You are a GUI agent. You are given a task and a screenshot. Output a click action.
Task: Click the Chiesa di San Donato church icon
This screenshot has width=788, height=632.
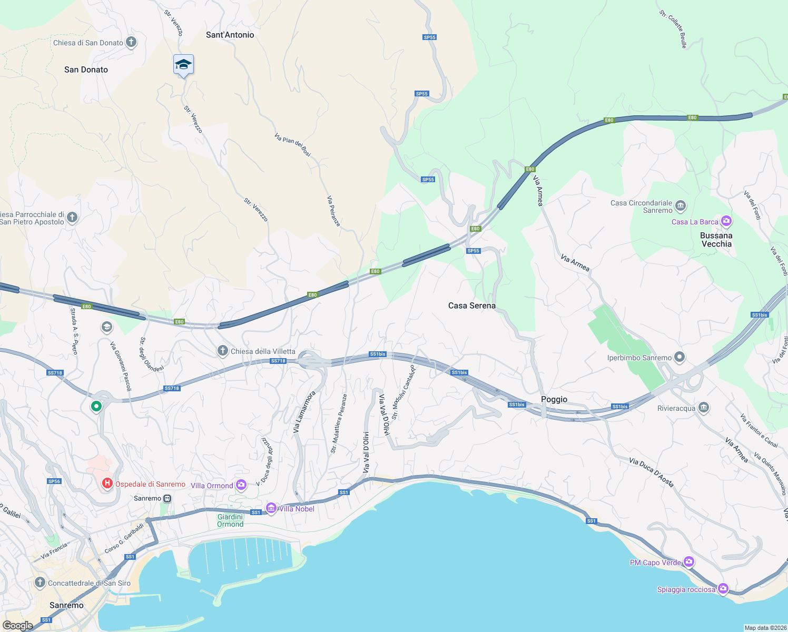click(x=131, y=43)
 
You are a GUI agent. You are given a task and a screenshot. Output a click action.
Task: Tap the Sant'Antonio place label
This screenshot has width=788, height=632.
click(x=230, y=35)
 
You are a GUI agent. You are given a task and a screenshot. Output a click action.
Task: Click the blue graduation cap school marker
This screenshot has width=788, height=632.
click(x=183, y=65)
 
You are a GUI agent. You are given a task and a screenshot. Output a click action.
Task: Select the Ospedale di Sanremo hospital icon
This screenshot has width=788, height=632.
click(x=107, y=483)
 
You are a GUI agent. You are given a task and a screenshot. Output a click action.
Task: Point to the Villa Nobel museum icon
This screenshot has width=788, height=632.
click(x=271, y=508)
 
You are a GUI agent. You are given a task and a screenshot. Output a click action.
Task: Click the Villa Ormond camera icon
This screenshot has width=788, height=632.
click(x=241, y=485)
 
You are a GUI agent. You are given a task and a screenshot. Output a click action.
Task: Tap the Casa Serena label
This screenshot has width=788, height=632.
click(x=471, y=305)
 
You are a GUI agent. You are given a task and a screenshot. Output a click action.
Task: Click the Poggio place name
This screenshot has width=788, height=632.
click(x=554, y=399)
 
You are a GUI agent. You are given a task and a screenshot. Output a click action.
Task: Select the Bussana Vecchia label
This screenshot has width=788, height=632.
click(x=716, y=240)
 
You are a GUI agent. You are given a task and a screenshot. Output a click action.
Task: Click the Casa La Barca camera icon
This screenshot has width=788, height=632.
click(x=726, y=221)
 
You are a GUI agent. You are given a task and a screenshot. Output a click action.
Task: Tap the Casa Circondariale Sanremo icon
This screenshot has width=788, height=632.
click(x=681, y=206)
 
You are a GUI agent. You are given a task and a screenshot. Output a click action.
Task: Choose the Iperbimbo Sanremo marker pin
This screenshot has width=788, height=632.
click(x=679, y=358)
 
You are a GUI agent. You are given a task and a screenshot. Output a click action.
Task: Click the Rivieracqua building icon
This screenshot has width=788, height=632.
click(x=703, y=408)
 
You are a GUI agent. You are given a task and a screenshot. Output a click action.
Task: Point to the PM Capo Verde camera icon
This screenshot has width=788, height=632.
click(x=688, y=562)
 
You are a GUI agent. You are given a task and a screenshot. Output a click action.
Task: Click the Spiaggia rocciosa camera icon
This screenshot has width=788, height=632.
click(x=723, y=588)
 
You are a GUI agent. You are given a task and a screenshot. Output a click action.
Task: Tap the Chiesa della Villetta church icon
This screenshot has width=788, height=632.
click(x=223, y=351)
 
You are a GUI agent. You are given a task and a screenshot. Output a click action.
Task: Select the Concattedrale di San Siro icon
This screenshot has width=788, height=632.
click(x=40, y=582)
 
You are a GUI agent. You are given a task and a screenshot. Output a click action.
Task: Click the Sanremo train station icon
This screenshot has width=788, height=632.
click(x=168, y=498)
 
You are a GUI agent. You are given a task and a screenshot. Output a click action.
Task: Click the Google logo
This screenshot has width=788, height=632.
click(x=17, y=625)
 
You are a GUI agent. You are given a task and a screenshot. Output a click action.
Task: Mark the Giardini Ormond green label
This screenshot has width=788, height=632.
click(x=230, y=520)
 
